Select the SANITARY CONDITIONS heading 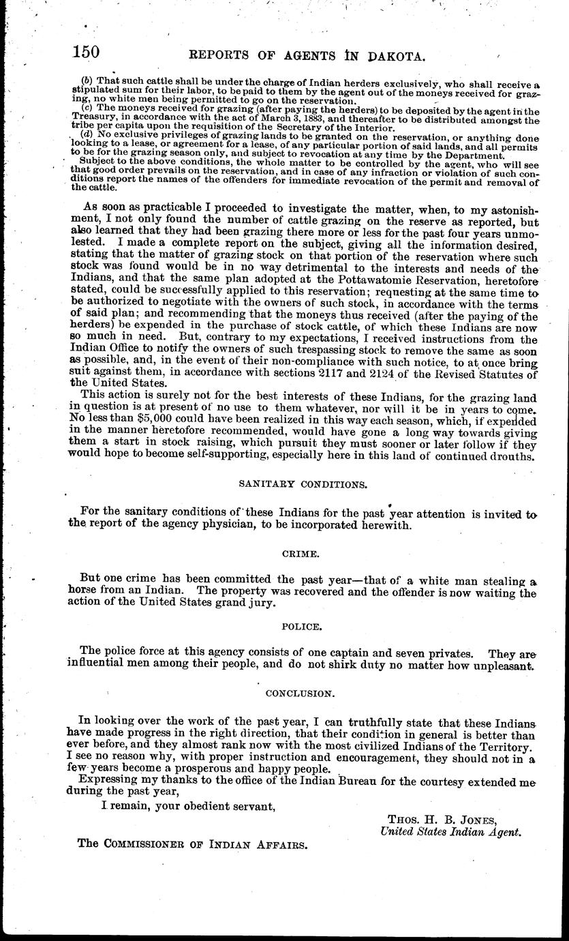click(303, 483)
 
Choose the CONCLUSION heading click(300, 693)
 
